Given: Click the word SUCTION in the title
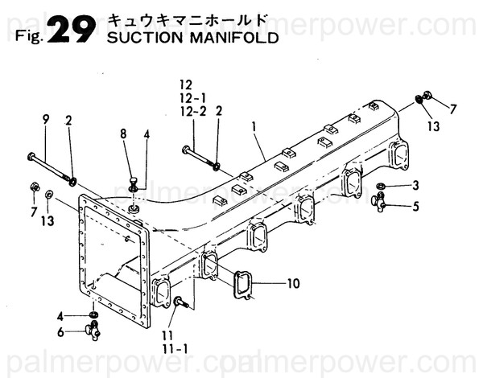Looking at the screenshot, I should pyautogui.click(x=136, y=38).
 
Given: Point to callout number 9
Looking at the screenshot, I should pyautogui.click(x=46, y=120).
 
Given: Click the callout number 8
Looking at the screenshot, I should pyautogui.click(x=124, y=135).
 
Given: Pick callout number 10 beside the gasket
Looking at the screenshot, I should pyautogui.click(x=291, y=283).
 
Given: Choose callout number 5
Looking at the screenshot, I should pyautogui.click(x=415, y=206).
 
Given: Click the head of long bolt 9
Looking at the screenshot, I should pyautogui.click(x=31, y=155).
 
